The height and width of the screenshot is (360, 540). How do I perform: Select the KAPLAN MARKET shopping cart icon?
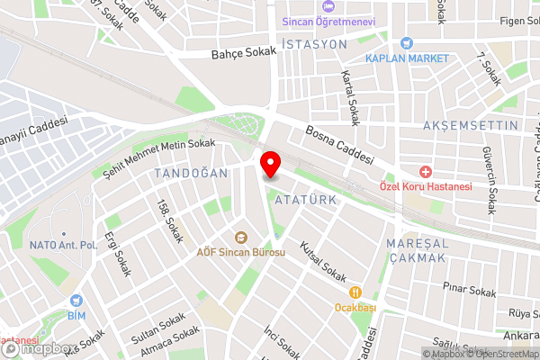pos(408,42)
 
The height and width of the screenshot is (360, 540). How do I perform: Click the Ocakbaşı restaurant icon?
pos(355,292)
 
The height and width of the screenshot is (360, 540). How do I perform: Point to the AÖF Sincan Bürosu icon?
pos(240,238)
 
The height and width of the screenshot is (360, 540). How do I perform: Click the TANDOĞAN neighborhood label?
pos(189,172)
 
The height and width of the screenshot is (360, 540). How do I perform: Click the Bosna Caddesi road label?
pos(339,143)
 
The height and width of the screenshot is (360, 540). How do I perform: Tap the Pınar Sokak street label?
pos(469,292)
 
